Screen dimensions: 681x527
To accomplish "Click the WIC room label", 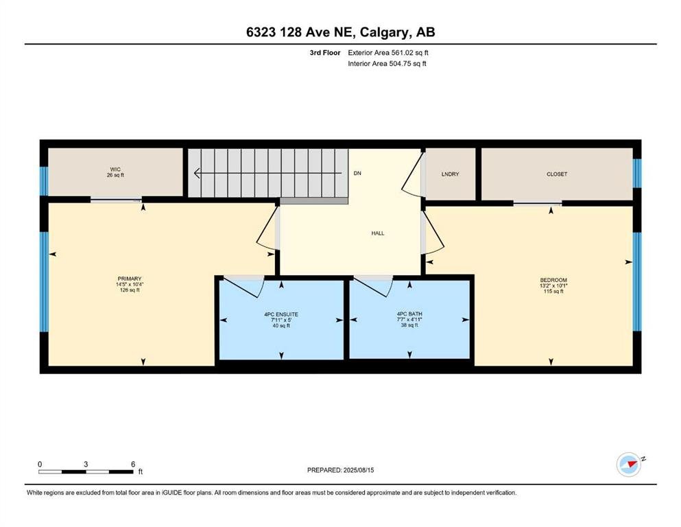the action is [115, 169].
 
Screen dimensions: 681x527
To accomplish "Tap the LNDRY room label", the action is [450, 174].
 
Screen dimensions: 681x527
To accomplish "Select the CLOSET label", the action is [557, 174].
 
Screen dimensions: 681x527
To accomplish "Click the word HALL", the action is [378, 233].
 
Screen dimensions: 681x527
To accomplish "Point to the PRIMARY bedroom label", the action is [130, 279].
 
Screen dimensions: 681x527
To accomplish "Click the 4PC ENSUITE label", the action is [281, 314].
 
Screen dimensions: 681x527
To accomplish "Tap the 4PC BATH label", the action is [409, 314].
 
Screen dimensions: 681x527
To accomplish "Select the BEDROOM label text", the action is [553, 280].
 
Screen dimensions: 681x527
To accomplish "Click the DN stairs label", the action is [357, 174].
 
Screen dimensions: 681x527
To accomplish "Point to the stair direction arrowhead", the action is [197, 174].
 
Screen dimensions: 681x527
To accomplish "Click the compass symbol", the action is [629, 465].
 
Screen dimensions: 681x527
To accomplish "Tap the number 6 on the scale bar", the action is [133, 464].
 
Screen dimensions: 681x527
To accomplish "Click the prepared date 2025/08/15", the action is [358, 470].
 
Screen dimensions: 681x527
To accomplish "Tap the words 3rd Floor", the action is [325, 53].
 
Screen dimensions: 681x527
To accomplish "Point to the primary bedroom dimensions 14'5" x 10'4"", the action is [130, 285].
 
